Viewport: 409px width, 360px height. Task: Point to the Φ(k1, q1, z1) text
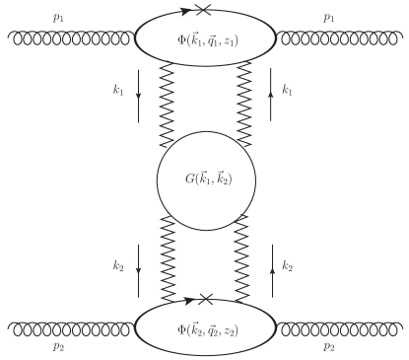[205, 40]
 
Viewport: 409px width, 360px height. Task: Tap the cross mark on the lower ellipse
[206, 297]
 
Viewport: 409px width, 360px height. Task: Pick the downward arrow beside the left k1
[138, 99]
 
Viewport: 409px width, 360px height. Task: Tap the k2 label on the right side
[287, 264]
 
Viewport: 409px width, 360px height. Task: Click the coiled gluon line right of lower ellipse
[341, 322]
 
